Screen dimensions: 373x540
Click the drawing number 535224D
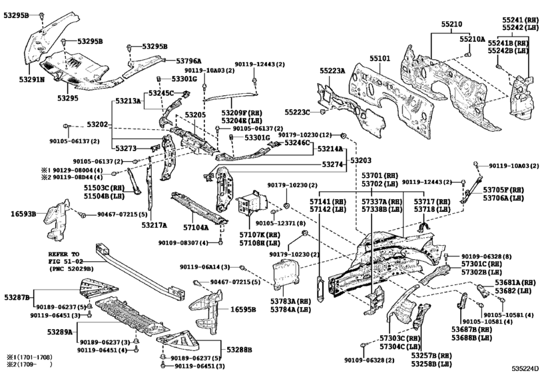point(522,368)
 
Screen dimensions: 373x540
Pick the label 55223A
point(333,70)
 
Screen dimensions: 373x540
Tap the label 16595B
point(245,310)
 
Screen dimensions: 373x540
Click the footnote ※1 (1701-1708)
point(28,358)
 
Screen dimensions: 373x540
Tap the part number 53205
point(195,115)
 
